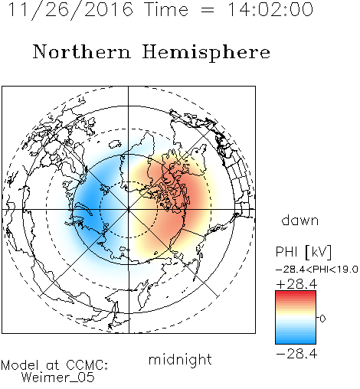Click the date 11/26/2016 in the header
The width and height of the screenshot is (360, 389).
[x=70, y=10]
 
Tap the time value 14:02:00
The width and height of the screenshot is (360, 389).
[x=270, y=10]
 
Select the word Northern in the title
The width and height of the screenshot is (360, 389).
[x=82, y=51]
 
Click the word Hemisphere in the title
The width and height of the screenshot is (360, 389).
[x=206, y=53]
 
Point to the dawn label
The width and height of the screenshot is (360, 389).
[x=300, y=220]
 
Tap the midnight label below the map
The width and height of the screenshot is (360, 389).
[x=180, y=359]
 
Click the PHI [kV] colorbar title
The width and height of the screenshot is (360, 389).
[x=304, y=252]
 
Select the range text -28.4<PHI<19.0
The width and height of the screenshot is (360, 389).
[x=316, y=270]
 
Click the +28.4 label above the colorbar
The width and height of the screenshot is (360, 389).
[x=296, y=284]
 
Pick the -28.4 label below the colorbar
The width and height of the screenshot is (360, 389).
[x=296, y=354]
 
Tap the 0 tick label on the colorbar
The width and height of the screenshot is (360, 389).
[x=322, y=319]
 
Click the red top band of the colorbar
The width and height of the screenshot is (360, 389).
[x=296, y=293]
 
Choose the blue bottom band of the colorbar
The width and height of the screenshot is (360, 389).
[x=296, y=341]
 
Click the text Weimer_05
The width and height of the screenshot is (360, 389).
[x=58, y=377]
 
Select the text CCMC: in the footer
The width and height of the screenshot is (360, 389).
[x=87, y=365]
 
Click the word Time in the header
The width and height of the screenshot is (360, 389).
[x=166, y=10]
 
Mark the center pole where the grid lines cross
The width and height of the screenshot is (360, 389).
[x=129, y=209]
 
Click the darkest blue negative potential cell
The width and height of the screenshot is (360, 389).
[x=90, y=204]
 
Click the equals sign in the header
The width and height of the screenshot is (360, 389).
[x=208, y=10]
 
